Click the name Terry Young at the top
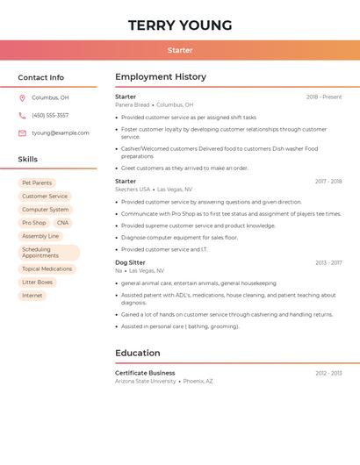click(x=180, y=25)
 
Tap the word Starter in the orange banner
click(x=180, y=50)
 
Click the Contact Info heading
click(x=40, y=77)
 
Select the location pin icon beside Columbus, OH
click(x=22, y=97)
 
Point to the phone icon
click(x=22, y=115)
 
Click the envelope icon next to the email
click(x=22, y=133)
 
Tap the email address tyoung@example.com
click(x=61, y=133)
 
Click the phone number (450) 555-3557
click(x=50, y=115)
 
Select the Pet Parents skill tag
click(x=37, y=183)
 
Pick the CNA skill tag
click(x=62, y=223)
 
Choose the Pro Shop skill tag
click(x=34, y=223)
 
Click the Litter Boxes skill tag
click(x=38, y=283)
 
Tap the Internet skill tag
click(x=32, y=296)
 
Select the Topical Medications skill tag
click(x=47, y=269)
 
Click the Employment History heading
click(x=161, y=77)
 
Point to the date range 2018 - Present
click(x=324, y=97)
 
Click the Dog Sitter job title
click(x=130, y=262)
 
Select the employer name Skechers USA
click(x=133, y=190)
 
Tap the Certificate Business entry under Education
click(x=145, y=373)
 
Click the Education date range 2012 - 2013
click(x=328, y=373)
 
